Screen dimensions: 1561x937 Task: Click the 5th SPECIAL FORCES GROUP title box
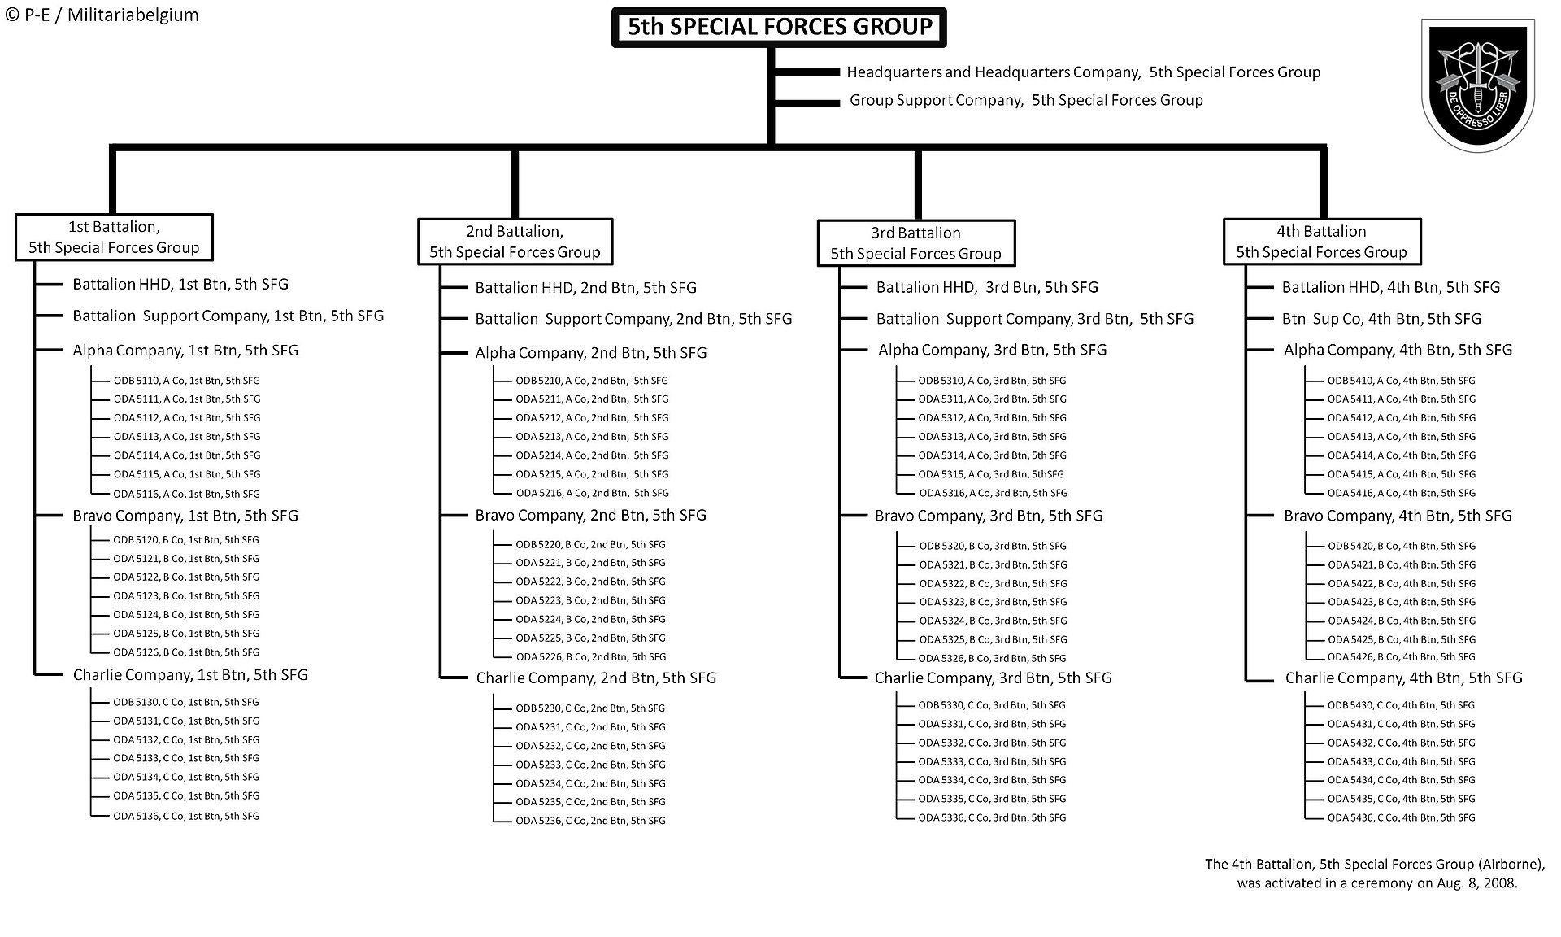(x=779, y=27)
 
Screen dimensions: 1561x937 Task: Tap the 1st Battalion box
(x=114, y=238)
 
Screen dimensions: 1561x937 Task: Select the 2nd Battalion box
(x=515, y=242)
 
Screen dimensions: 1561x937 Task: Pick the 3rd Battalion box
(x=916, y=242)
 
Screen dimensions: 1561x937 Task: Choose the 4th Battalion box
(x=1322, y=242)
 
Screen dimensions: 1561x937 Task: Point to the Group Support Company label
(x=1026, y=100)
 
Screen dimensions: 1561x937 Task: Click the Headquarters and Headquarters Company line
(x=1084, y=72)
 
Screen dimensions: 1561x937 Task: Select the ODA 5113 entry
(x=187, y=437)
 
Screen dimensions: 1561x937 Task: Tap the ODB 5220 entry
(x=590, y=544)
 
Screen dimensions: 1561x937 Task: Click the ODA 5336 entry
(x=992, y=817)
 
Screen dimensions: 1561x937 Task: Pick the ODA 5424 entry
(x=1402, y=621)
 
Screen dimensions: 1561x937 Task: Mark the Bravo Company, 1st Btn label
(x=185, y=516)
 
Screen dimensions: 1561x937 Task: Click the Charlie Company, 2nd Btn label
(x=596, y=678)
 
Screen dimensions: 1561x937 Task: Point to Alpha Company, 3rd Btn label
(x=992, y=350)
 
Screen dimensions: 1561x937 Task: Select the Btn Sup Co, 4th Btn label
(x=1381, y=319)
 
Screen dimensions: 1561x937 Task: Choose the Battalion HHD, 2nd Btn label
(x=586, y=288)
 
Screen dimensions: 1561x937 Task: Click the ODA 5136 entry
(x=186, y=816)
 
